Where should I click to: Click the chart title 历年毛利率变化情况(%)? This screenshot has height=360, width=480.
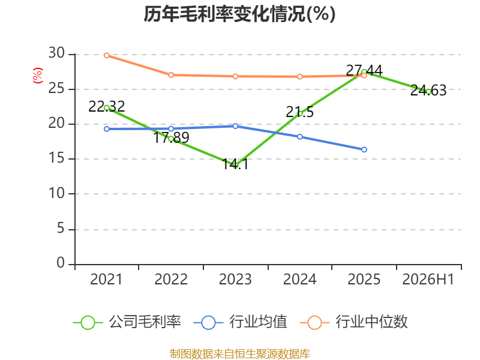239,14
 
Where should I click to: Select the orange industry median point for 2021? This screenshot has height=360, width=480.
107,55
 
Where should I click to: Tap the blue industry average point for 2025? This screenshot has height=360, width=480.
364,149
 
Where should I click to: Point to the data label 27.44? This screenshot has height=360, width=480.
364,71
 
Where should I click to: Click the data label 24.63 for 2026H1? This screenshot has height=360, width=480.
428,91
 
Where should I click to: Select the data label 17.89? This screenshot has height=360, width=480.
171,137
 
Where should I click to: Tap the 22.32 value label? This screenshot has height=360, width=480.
107,107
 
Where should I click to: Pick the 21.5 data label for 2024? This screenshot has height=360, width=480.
299,112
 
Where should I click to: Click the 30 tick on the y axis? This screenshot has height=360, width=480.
56,53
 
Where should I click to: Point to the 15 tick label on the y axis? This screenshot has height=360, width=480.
56,158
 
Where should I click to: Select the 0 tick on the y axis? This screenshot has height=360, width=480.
61,263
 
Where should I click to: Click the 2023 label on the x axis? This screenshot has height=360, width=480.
235,279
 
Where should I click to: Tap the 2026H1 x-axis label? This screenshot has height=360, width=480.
428,279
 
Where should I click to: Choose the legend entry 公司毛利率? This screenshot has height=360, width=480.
127,322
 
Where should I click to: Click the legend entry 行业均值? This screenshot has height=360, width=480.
241,322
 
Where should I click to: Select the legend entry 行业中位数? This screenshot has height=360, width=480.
353,322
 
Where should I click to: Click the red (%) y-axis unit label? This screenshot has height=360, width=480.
38,76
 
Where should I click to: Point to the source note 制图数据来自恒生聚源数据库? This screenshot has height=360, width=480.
240,354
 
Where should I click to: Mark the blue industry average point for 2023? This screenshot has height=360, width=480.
235,126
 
